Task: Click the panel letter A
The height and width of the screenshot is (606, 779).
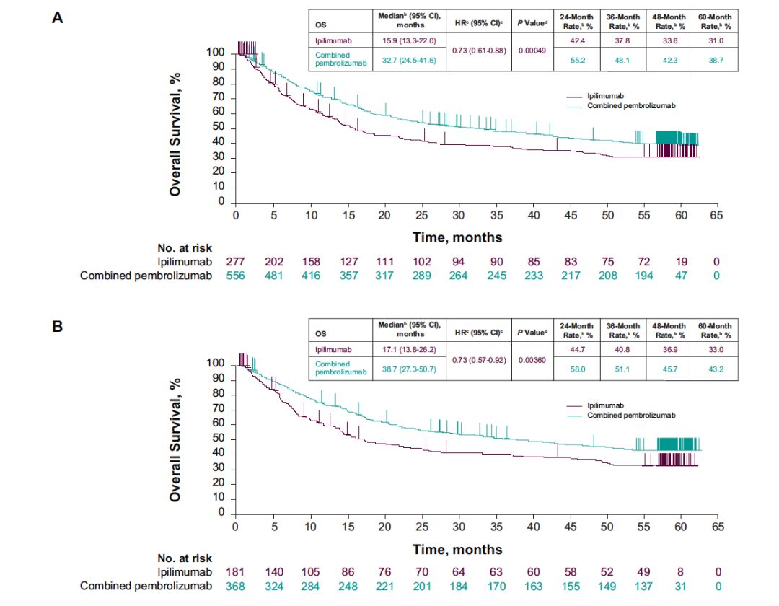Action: point(58,17)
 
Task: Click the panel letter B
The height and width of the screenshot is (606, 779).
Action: point(58,326)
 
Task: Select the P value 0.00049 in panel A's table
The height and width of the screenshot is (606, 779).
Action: point(532,50)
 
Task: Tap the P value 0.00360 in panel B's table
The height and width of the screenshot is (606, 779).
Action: point(532,359)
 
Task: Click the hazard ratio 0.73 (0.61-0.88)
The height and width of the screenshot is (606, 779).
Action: point(479,50)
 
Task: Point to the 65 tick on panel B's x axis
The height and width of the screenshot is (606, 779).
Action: point(717,527)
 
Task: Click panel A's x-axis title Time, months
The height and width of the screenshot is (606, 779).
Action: point(457,236)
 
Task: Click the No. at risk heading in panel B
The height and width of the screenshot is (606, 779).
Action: point(185,558)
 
